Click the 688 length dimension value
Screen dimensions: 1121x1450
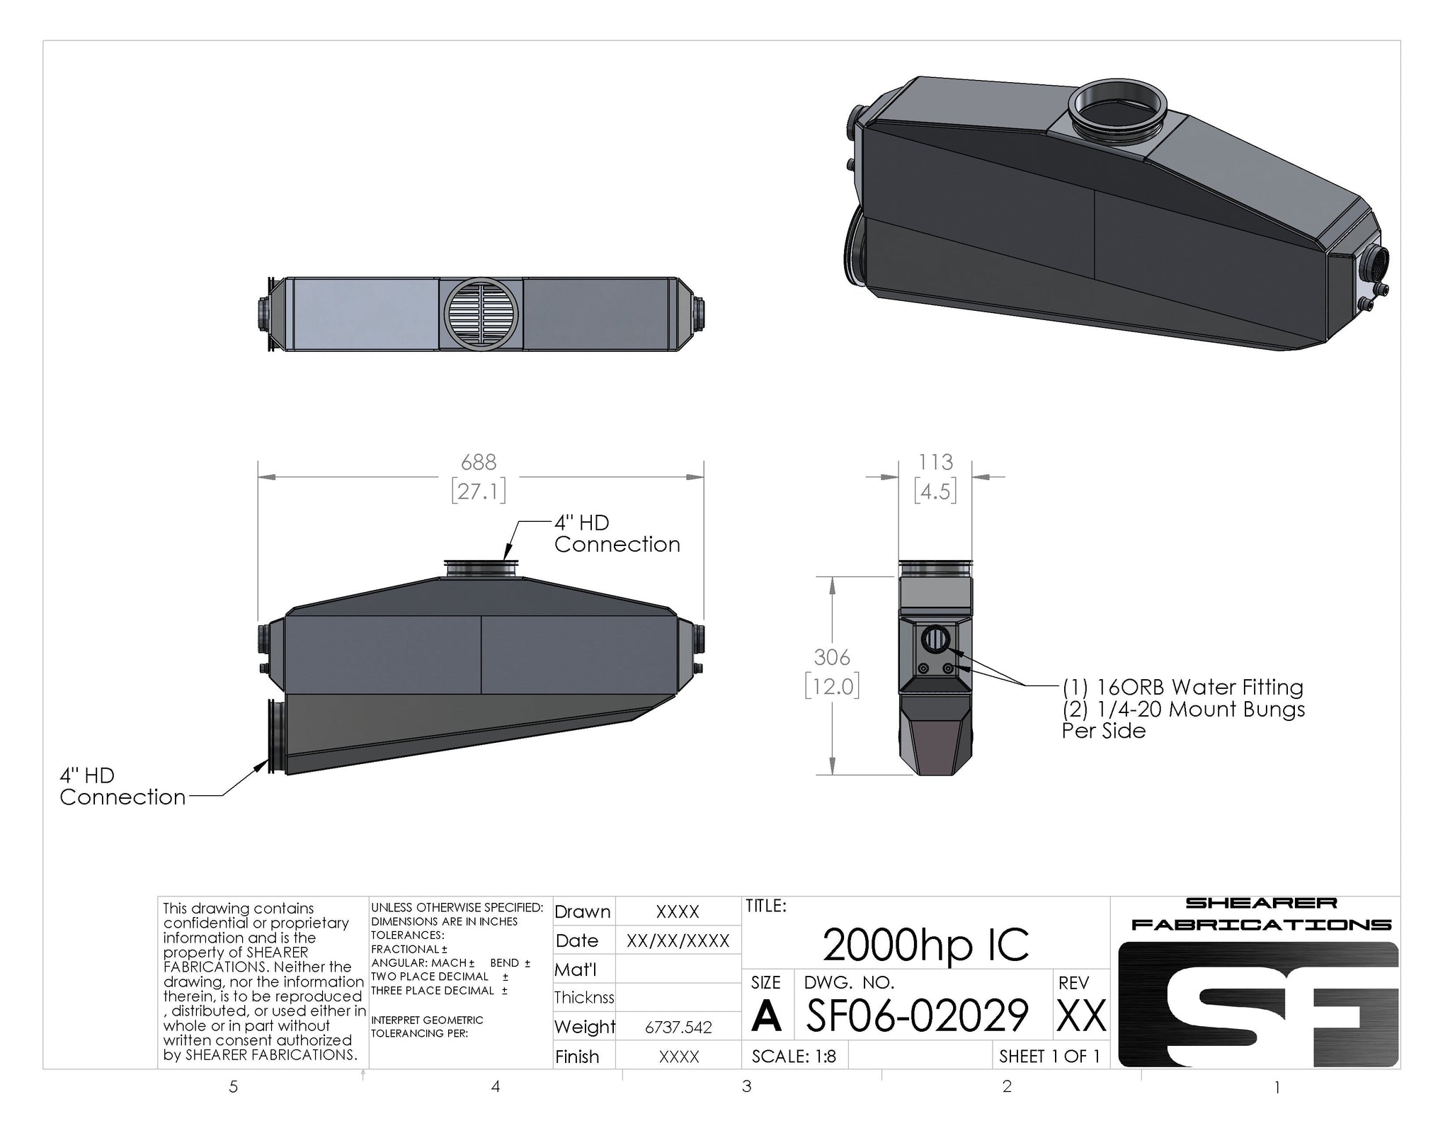(x=479, y=462)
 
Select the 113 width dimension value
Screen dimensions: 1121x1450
(x=935, y=462)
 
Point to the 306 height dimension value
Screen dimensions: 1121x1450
(x=832, y=657)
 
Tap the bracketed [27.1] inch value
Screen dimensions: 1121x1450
(x=479, y=491)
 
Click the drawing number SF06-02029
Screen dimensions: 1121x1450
(x=918, y=1015)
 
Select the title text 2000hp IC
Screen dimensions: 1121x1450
(x=925, y=945)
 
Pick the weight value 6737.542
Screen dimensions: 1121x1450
(x=678, y=1027)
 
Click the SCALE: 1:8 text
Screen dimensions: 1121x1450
(x=794, y=1057)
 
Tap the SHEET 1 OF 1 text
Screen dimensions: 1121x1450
(x=1049, y=1057)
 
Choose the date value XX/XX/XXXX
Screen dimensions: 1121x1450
(x=678, y=940)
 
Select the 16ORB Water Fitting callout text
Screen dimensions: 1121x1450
(x=1182, y=688)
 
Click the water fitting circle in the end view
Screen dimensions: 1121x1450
(x=933, y=639)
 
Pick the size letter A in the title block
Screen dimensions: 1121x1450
(x=767, y=1017)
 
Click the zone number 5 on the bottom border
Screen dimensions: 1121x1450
(x=233, y=1087)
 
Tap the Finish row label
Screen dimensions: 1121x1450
(x=577, y=1057)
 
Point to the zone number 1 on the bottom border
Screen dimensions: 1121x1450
(x=1277, y=1087)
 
